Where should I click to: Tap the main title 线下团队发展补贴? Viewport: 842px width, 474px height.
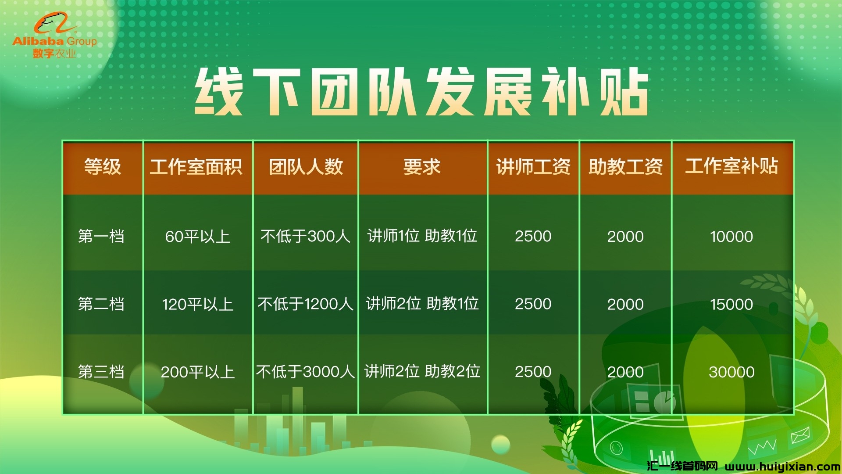pos(421,92)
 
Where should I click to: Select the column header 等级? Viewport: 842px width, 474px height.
pos(103,167)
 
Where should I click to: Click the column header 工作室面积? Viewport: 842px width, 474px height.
pos(196,167)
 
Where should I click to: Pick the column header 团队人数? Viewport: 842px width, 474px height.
pos(306,167)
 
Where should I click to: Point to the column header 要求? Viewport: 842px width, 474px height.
pos(422,167)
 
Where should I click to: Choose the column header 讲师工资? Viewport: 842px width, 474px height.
pos(533,167)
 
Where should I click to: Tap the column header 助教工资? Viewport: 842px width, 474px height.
pos(626,167)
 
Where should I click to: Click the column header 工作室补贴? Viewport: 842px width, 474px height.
pos(732,166)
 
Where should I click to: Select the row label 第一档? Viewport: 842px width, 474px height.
pos(101,236)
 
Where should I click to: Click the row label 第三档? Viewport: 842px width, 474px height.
pos(101,372)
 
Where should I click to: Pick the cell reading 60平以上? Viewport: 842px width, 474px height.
pos(198,237)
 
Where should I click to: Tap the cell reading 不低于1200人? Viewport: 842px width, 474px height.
pos(306,304)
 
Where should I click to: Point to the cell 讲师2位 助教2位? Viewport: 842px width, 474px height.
pos(422,371)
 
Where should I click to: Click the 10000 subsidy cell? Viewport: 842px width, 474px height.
pos(731,237)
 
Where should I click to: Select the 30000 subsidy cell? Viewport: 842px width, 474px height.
pos(731,372)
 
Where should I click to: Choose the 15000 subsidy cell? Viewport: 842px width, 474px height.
pos(731,304)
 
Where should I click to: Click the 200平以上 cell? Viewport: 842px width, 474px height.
pos(198,372)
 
